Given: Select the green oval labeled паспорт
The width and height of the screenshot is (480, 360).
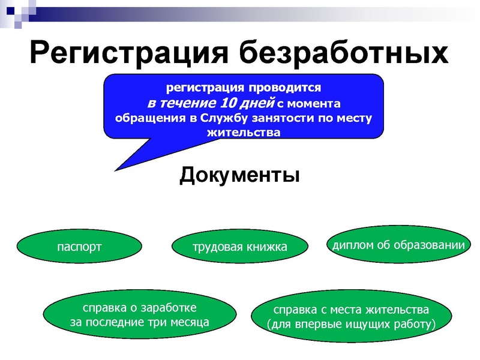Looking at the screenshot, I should point(79,247).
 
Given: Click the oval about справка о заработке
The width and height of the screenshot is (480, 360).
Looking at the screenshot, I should point(139,315).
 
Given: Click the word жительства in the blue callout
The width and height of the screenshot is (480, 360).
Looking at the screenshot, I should point(243,132).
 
